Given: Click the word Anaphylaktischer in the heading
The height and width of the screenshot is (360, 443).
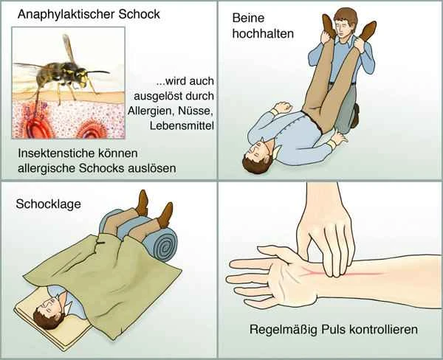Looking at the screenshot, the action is coord(66,15).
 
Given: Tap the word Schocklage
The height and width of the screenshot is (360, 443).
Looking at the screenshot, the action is coord(48,204).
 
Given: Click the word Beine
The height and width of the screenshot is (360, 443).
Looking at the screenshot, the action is coord(248,18).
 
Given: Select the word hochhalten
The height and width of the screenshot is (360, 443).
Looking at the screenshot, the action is coord(263,34).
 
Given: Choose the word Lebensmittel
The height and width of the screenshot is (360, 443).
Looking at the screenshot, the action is coord(182,125).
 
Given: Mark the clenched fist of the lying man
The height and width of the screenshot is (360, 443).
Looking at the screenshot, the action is coord(283,107).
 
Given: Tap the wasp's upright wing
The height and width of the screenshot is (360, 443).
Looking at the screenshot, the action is coord(68,49).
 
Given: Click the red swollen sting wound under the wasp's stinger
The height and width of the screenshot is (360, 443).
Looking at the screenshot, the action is coord(36,124).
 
